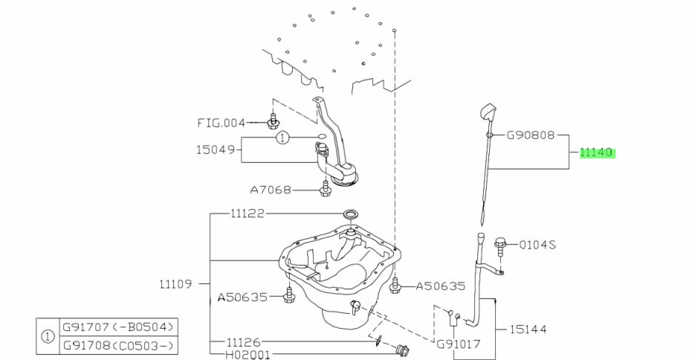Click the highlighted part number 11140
click(596, 152)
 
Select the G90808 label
click(531, 136)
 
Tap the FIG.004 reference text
click(221, 122)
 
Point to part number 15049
click(216, 150)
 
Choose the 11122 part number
click(247, 213)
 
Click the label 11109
click(175, 283)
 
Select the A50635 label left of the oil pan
click(242, 297)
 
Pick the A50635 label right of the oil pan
click(440, 286)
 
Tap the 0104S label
click(537, 244)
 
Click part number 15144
click(529, 328)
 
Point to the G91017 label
click(459, 344)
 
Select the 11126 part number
click(244, 343)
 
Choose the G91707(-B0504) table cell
click(118, 327)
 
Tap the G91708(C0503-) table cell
click(118, 344)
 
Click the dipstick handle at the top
click(488, 113)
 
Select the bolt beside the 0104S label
click(499, 243)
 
